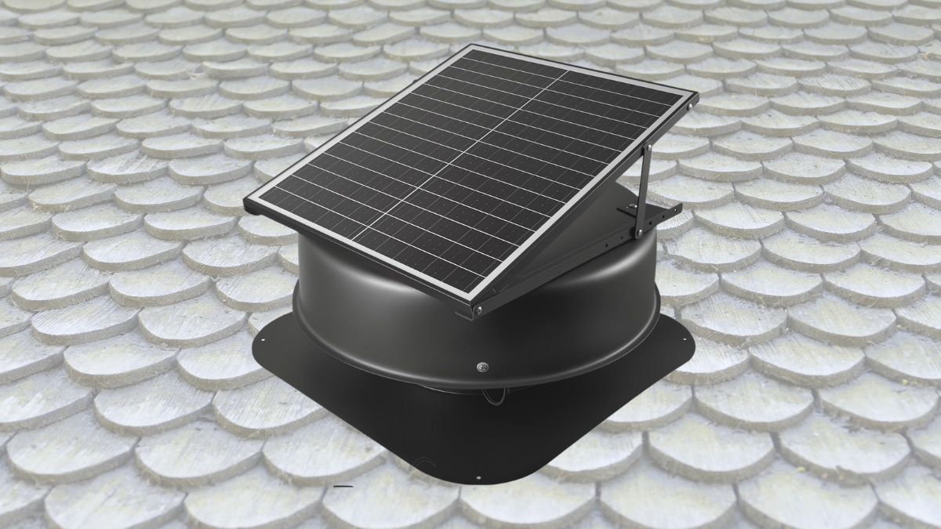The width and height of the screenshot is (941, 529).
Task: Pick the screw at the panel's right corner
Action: [692, 100]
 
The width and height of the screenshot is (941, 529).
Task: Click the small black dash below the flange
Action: [343, 487]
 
